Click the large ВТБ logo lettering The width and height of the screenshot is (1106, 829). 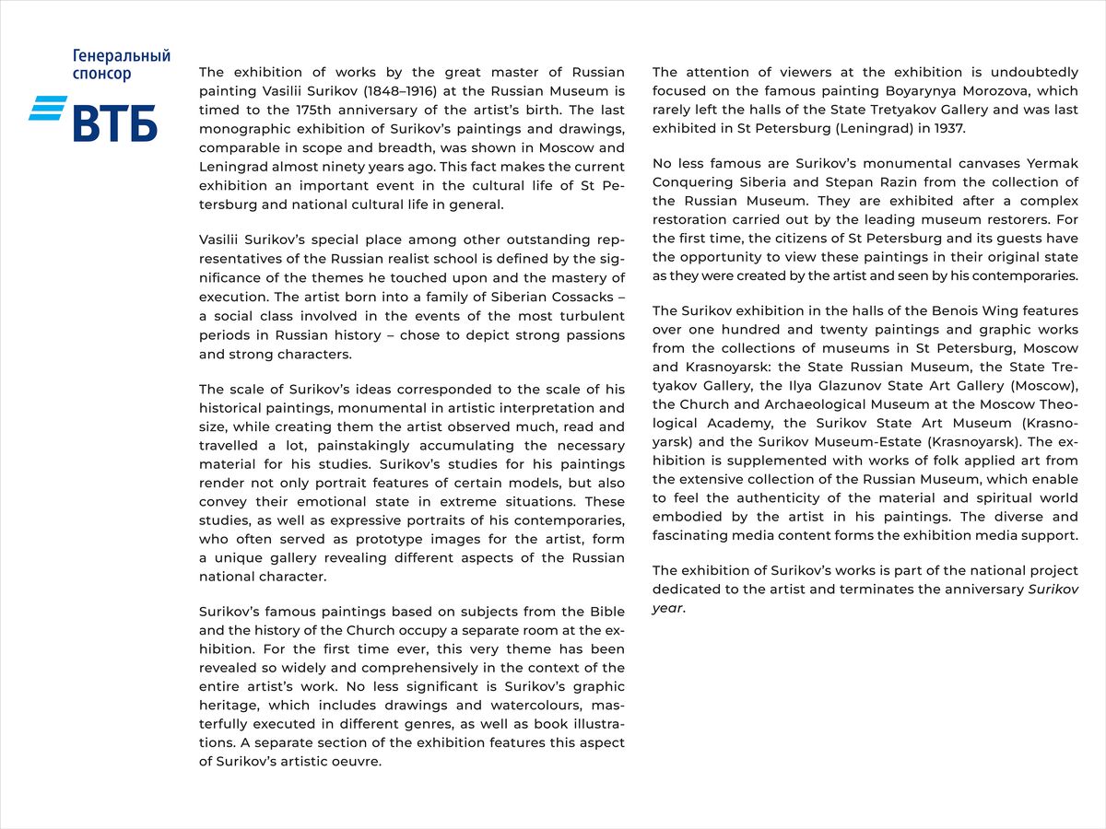coord(115,123)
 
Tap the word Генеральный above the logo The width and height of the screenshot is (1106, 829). coord(122,57)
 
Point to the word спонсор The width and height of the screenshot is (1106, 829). coord(101,75)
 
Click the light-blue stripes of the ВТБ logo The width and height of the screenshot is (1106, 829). coord(47,109)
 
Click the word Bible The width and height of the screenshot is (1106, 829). coord(606,612)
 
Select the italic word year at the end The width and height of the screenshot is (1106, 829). coord(667,608)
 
